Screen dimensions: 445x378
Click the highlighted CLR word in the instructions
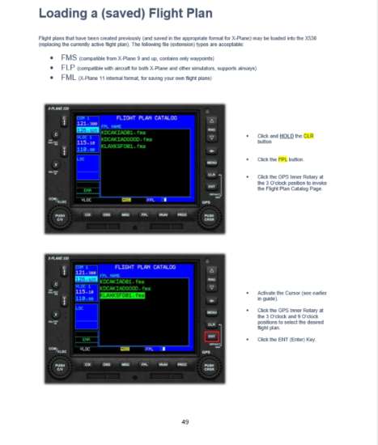pyautogui.click(x=308, y=135)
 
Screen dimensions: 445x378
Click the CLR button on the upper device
pyautogui.click(x=211, y=174)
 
